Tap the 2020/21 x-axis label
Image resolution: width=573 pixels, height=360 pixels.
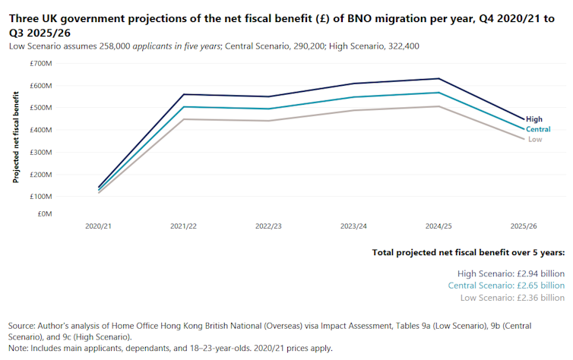pyautogui.click(x=98, y=226)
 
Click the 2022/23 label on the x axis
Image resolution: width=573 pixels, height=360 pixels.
pyautogui.click(x=269, y=226)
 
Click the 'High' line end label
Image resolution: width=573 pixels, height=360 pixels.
pyautogui.click(x=533, y=119)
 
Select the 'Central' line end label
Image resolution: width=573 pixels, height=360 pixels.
pyautogui.click(x=538, y=129)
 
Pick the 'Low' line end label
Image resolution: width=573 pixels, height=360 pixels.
pyautogui.click(x=535, y=139)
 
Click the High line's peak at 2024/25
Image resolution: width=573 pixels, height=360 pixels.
pyautogui.click(x=439, y=78)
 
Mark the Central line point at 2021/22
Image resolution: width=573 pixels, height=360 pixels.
pyautogui.click(x=183, y=106)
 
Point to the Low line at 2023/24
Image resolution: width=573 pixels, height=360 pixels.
pyautogui.click(x=354, y=110)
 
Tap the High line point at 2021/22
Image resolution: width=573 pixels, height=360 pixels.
pyautogui.click(x=183, y=94)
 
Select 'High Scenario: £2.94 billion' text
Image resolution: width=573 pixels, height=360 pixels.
pyautogui.click(x=510, y=273)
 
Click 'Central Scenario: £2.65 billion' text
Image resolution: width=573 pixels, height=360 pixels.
pyautogui.click(x=506, y=286)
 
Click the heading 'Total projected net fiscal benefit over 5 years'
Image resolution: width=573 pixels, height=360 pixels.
pyautogui.click(x=468, y=252)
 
